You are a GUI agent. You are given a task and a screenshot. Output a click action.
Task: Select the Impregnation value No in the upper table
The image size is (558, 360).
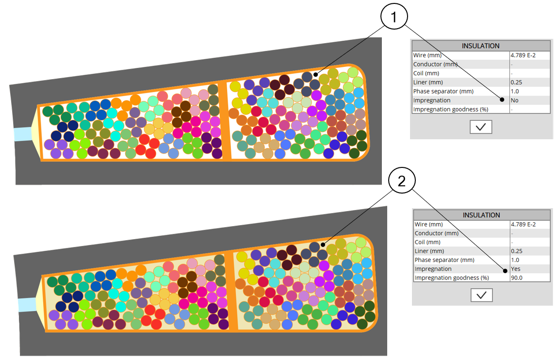[514, 100]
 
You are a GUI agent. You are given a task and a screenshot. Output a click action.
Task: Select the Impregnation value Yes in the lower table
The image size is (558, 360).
[516, 269]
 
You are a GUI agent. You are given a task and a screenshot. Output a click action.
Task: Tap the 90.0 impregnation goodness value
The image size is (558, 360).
[517, 278]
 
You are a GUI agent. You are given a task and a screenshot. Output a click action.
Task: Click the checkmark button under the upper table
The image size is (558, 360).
[481, 127]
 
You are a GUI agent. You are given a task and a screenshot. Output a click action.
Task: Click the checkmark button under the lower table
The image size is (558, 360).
[481, 295]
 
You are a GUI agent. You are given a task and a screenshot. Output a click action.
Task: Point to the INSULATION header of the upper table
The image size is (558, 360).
[480, 46]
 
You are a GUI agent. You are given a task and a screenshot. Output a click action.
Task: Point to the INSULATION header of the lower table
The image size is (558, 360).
[481, 215]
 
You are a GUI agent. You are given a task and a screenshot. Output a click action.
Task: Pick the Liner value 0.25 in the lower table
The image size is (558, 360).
[517, 251]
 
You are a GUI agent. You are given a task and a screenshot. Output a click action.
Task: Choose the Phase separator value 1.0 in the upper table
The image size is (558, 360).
[515, 91]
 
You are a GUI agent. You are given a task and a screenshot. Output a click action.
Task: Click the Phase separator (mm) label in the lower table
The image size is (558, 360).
[443, 260]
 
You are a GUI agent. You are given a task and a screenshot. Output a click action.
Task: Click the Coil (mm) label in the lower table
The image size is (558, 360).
[427, 242]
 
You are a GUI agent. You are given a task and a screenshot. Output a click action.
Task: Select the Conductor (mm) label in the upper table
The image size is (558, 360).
[435, 65]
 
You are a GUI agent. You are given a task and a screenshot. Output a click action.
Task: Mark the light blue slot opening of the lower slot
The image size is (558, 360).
[27, 305]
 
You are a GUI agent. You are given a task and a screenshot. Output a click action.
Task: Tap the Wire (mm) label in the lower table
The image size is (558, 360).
[429, 224]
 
